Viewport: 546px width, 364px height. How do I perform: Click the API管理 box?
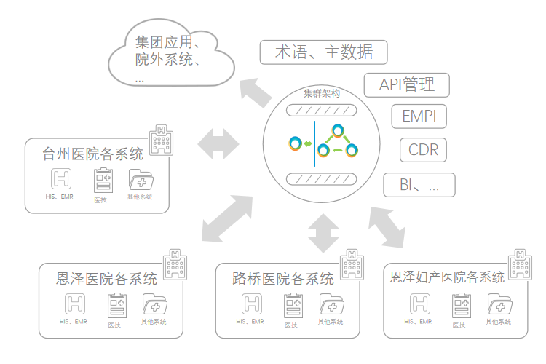click(x=406, y=84)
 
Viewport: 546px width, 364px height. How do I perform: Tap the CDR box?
click(x=422, y=150)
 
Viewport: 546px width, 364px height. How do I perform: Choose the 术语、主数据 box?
click(x=323, y=52)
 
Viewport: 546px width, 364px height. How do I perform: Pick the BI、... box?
click(x=419, y=185)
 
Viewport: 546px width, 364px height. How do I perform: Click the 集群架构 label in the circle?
click(x=321, y=94)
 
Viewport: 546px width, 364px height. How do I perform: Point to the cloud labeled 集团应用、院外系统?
click(x=172, y=54)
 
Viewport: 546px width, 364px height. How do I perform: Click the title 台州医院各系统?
click(x=92, y=154)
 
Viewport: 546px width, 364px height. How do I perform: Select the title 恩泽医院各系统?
click(x=107, y=279)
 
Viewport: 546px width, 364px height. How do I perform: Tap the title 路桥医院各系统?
click(x=283, y=279)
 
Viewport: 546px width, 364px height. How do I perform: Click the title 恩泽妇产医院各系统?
click(x=447, y=277)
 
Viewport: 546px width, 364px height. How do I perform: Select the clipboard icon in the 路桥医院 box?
click(x=293, y=304)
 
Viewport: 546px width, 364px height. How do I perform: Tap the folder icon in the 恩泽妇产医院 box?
click(x=499, y=303)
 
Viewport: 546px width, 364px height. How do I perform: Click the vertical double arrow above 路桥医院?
click(x=323, y=233)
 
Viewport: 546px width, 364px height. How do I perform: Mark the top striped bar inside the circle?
click(x=321, y=111)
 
